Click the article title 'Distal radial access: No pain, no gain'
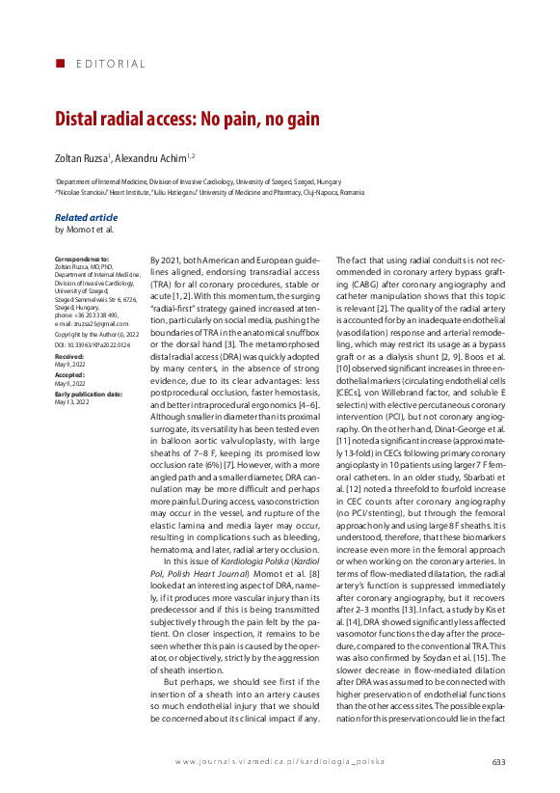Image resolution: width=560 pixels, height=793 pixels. pos(186,120)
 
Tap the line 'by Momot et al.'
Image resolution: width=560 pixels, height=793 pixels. pos(84,230)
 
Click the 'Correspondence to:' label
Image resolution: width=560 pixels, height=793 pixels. pos(82,260)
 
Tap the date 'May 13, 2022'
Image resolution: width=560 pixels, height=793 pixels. pos(71,401)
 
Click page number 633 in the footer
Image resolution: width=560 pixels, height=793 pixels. pos(498,762)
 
